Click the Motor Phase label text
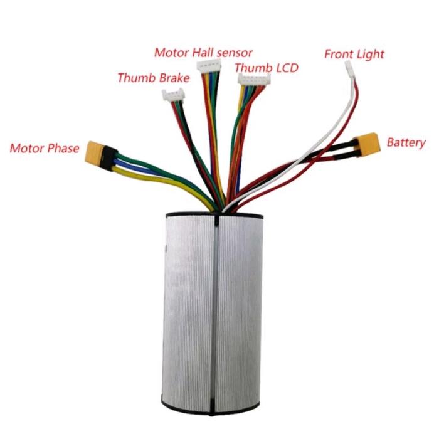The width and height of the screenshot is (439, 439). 45,149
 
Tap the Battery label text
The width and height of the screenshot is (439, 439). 406,142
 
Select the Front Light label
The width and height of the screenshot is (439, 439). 354,54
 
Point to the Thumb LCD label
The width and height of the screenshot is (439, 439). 267,67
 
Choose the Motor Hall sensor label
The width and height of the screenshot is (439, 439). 203,51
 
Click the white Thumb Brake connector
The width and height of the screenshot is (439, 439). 173,96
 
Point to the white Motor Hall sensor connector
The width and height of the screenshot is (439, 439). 210,68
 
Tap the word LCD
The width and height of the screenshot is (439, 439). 283,67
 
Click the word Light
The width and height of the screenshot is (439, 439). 369,54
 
